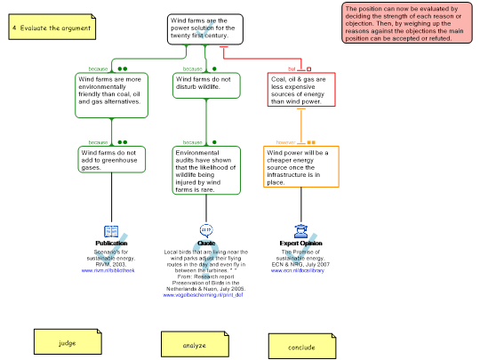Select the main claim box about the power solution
coord(205,28)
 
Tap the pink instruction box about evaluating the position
coord(407,22)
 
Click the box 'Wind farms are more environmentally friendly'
coord(111,94)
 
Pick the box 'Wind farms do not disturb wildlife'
coord(206,86)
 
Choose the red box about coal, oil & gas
coord(301,90)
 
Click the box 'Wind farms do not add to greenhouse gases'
coord(111,159)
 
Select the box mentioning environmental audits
coord(206,170)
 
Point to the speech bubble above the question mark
coord(206,229)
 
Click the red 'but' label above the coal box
coord(292,68)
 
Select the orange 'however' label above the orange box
coord(285,141)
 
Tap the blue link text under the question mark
coord(203,293)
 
